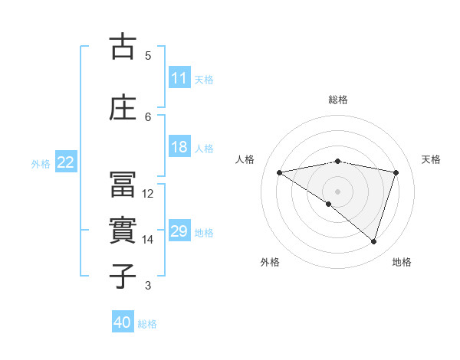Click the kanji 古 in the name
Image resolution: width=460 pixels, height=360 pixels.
(123, 47)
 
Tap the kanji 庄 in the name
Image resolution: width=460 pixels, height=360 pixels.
(123, 108)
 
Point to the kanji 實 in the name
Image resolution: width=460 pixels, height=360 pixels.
(123, 231)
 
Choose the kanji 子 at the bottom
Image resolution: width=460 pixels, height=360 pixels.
(123, 276)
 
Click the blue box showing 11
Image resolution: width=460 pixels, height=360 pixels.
(179, 78)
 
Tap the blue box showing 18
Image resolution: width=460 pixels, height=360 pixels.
(179, 147)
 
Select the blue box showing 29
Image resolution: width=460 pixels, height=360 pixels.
(179, 232)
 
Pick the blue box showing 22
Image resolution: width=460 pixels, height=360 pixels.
(66, 162)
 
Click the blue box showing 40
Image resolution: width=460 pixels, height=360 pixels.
(123, 322)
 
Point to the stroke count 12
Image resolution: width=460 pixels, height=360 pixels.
(148, 194)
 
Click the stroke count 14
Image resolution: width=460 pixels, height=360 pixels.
(148, 240)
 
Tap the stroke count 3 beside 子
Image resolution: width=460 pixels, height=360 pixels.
(148, 286)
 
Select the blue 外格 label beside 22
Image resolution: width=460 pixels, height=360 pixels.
(41, 163)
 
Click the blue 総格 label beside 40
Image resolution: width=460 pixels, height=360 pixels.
(147, 323)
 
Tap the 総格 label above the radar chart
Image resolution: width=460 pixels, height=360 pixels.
(337, 100)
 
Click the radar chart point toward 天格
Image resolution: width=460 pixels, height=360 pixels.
(396, 172)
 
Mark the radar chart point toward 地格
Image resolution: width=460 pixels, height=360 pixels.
(374, 241)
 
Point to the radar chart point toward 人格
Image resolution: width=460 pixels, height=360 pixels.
(279, 172)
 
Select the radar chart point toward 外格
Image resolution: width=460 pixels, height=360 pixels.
(329, 204)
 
